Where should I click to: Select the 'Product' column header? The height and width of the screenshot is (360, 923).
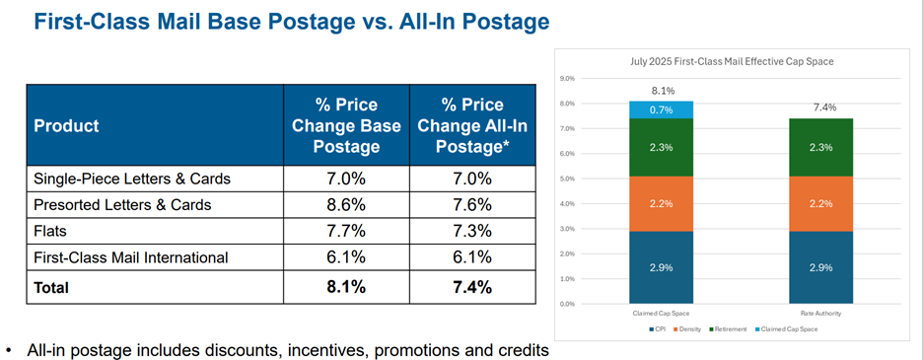point(67,126)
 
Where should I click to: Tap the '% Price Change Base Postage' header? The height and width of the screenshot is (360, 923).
point(347,126)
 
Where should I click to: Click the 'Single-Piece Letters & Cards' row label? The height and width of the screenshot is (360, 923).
point(132,179)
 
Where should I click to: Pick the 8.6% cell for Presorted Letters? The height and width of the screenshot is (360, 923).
point(347,205)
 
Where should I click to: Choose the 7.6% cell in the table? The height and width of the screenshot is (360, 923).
point(473,205)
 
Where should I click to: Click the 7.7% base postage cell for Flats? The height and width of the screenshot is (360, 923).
point(347,231)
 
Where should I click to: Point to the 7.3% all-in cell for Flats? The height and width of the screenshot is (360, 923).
point(473,231)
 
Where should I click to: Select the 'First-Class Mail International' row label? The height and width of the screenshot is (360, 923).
point(131,257)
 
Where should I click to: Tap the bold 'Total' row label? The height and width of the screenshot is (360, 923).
point(54,288)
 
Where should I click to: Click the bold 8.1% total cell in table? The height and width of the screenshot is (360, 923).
point(347,288)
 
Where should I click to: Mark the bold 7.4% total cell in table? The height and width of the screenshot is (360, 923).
point(473,288)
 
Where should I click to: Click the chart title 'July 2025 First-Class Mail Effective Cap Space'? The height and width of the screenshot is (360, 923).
point(731,61)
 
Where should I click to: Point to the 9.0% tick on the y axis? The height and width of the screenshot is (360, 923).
point(568,78)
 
